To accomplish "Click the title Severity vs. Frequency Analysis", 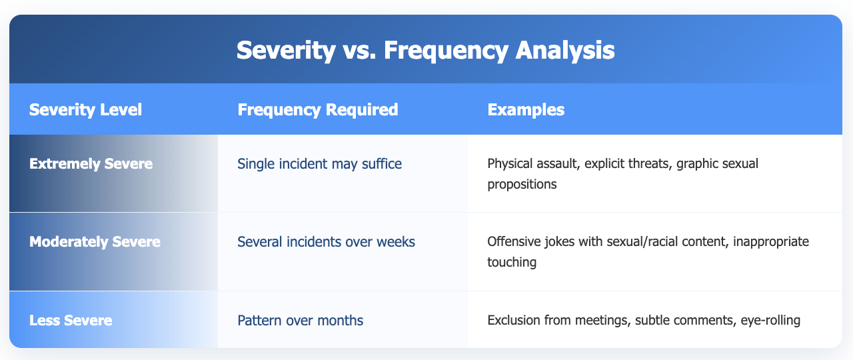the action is click(425, 50).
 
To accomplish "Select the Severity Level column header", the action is click(85, 110).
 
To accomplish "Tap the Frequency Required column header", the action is click(318, 110).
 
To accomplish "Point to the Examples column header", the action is click(526, 110).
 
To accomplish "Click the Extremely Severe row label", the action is click(91, 164).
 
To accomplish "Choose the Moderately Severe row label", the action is click(95, 242).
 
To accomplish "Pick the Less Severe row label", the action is click(71, 321).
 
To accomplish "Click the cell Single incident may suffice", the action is click(319, 164).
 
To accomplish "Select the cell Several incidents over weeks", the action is click(326, 242).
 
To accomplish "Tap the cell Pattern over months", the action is click(300, 321).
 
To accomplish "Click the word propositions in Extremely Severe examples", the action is click(522, 185).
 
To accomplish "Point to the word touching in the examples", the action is click(512, 263).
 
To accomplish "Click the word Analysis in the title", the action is click(564, 50).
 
